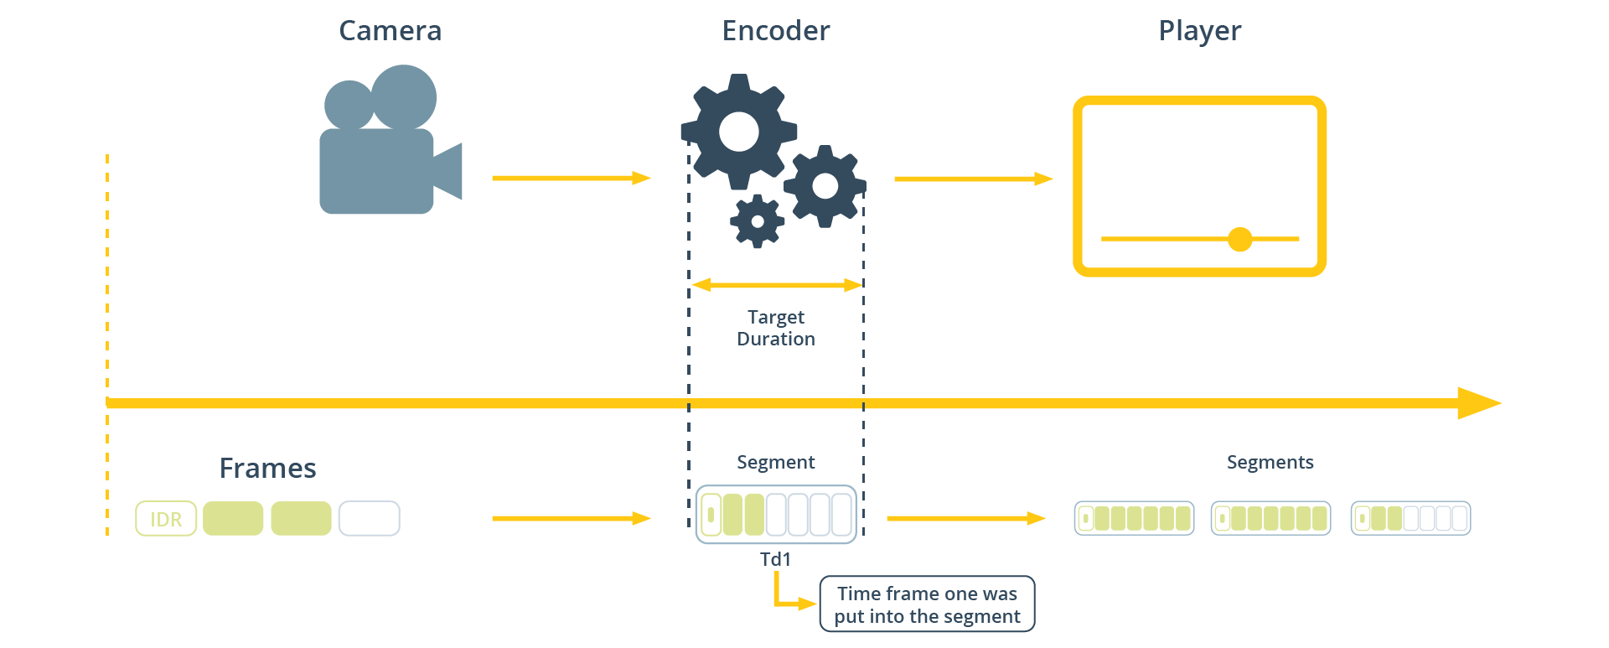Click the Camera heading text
[x=390, y=31]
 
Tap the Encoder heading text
[x=775, y=31]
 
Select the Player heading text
[x=1199, y=31]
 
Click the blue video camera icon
[x=381, y=151]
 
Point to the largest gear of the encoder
[x=738, y=131]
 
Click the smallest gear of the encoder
[x=758, y=221]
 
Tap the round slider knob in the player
[x=1239, y=239]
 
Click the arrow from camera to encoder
[x=571, y=178]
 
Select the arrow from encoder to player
[x=972, y=179]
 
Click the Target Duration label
[x=775, y=328]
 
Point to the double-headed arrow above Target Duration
[x=776, y=285]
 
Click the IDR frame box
[x=166, y=519]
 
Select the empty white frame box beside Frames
[x=369, y=518]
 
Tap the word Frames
[x=267, y=468]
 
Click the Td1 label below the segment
[x=775, y=559]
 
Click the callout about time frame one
[x=927, y=604]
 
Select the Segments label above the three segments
[x=1270, y=462]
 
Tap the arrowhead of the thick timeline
[x=1479, y=403]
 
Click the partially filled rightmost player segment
[x=1410, y=518]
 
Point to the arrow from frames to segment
[x=571, y=518]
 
